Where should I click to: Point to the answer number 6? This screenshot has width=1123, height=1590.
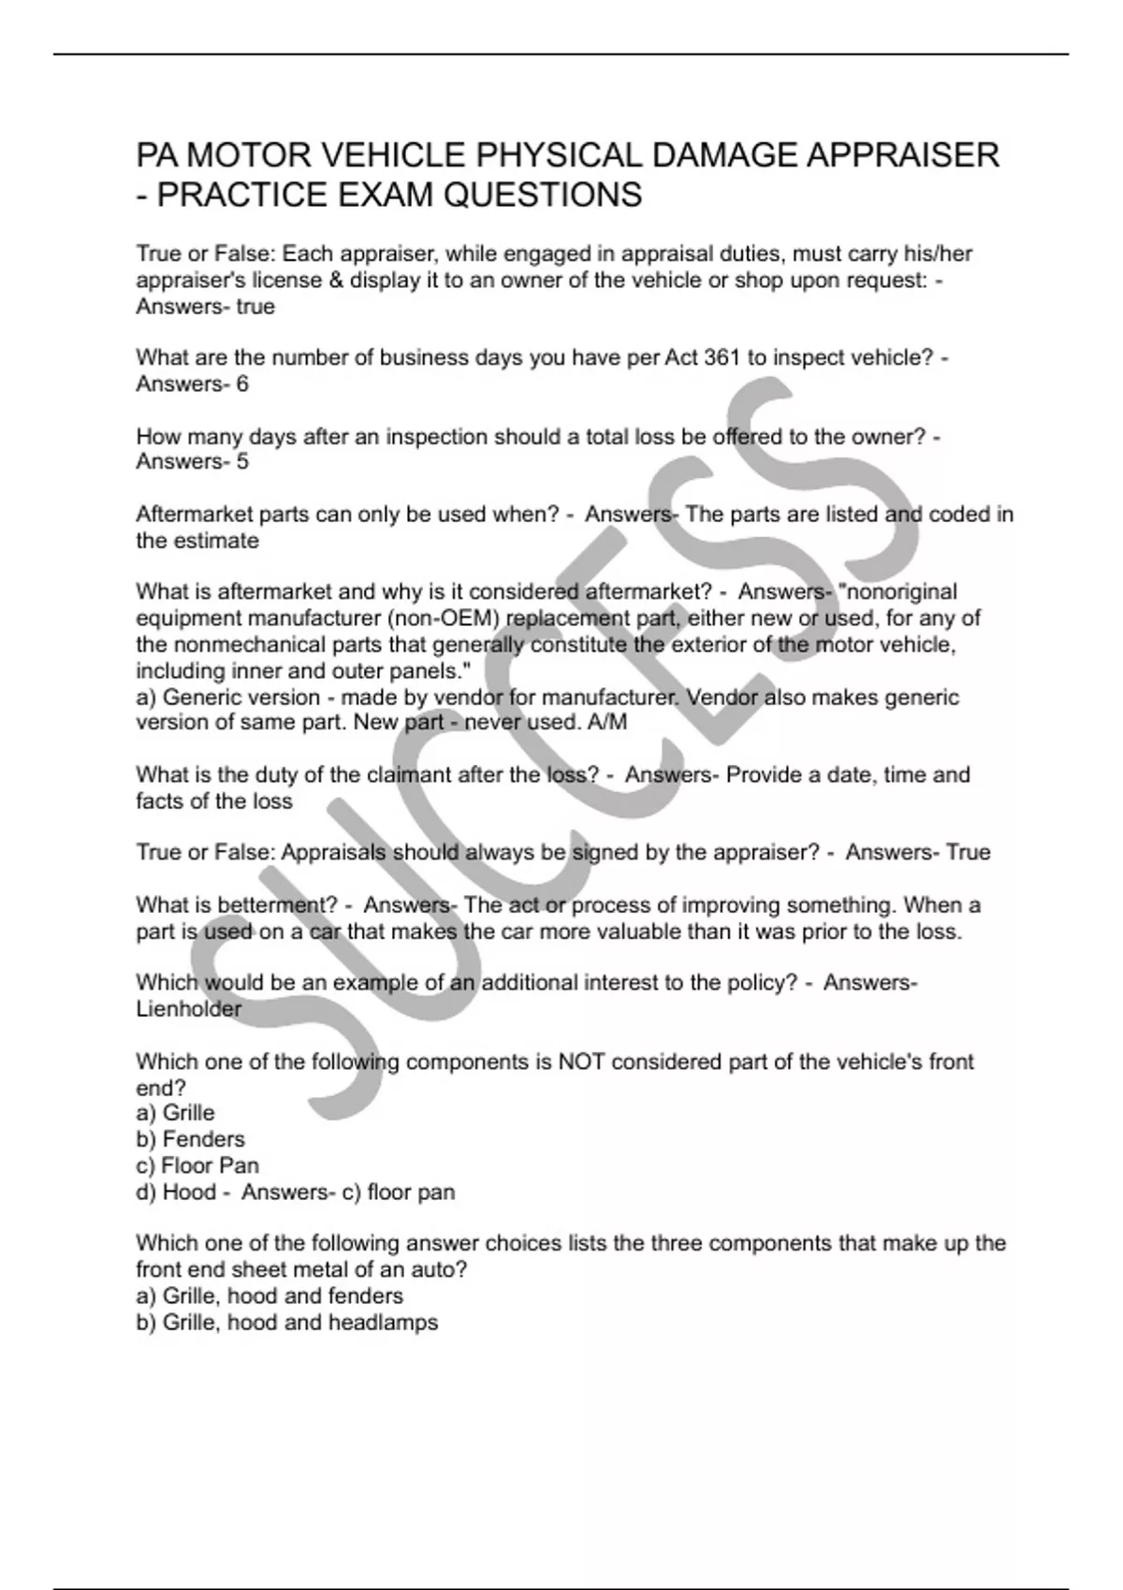(242, 383)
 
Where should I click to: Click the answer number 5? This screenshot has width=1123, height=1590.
(242, 461)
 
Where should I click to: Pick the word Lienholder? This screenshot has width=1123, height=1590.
(188, 1009)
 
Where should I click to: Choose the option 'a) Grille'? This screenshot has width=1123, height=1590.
(175, 1113)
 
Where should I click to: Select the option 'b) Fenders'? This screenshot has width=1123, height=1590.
(190, 1139)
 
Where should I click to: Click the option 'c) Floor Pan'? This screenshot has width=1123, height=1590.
(197, 1165)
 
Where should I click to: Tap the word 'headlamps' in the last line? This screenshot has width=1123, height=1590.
(390, 1323)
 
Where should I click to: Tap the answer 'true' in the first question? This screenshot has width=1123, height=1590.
(255, 307)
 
